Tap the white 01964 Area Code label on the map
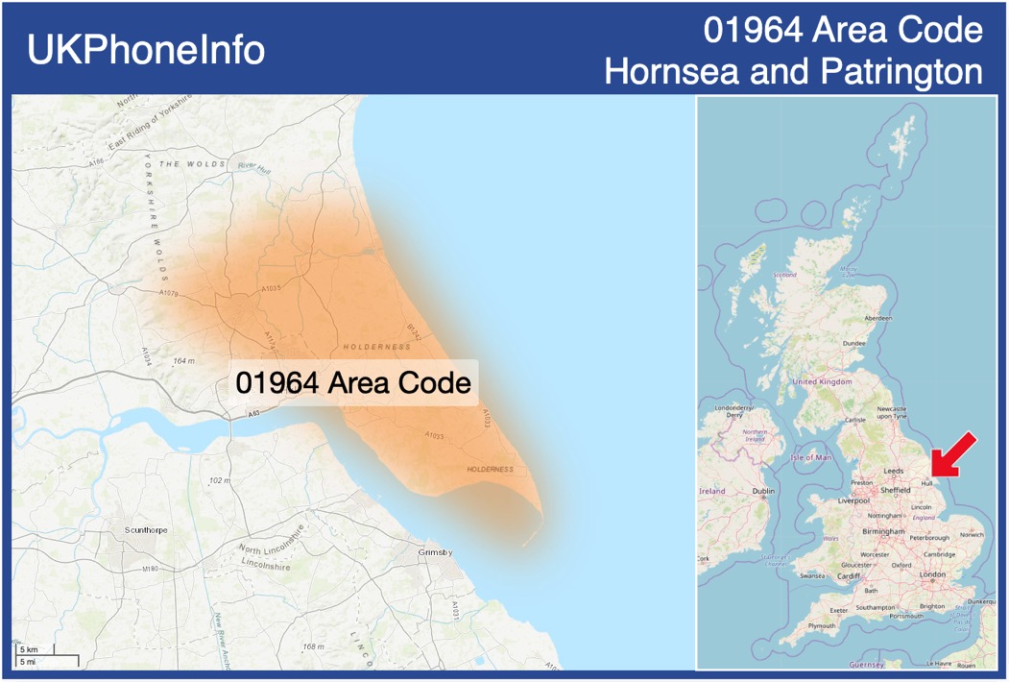[353, 382]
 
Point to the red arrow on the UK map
[954, 454]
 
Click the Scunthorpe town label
[145, 529]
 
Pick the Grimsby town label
[435, 553]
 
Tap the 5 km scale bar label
[29, 650]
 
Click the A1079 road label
[169, 293]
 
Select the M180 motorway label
[150, 570]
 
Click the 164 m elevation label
[183, 361]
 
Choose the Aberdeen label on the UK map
[877, 318]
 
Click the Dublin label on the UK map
[763, 491]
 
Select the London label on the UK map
[932, 574]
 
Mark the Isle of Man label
[811, 457]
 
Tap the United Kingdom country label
[822, 381]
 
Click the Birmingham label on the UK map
[883, 531]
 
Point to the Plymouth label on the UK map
[822, 625]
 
